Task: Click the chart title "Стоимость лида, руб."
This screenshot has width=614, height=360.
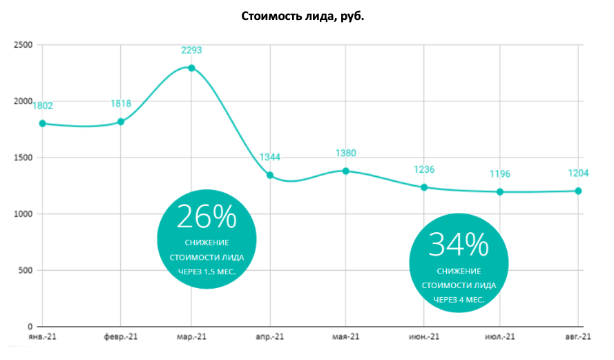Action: pos(303,16)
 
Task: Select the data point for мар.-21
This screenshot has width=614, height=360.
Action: pos(191,68)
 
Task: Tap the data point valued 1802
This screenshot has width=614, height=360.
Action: pos(42,124)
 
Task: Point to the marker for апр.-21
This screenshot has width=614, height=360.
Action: pos(270,176)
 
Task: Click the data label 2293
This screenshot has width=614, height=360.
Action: pos(191,50)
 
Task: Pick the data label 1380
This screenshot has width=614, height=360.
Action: pos(345,153)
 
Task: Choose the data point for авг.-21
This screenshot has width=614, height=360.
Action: pos(578,191)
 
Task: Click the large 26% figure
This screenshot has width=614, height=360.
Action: pos(207,217)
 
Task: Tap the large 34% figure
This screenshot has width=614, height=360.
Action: pos(459,245)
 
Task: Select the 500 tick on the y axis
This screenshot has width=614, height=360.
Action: pos(26,270)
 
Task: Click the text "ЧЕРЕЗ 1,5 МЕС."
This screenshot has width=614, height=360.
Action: pos(207,272)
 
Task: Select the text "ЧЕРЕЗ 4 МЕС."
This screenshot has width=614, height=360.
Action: pos(459,299)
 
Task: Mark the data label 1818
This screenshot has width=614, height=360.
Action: pos(121,104)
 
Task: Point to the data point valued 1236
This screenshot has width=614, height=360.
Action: pos(424,187)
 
